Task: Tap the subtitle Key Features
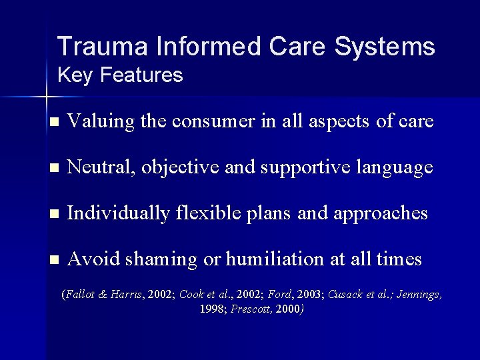[x=120, y=75]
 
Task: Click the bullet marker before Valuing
[x=55, y=122]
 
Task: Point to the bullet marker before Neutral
[x=55, y=168]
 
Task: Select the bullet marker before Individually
[x=55, y=213]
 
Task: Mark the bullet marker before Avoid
[x=55, y=259]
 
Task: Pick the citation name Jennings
[x=419, y=294]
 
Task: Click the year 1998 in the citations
[x=212, y=309]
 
